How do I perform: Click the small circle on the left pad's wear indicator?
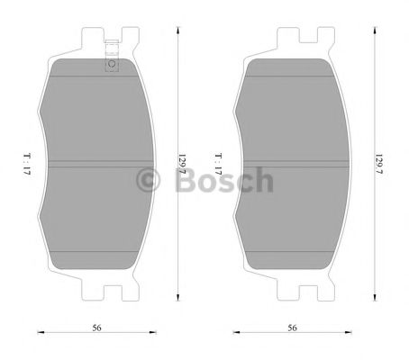tap(112, 64)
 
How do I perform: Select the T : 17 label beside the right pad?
tap(218, 163)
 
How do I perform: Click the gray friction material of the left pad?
tap(90, 207)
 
